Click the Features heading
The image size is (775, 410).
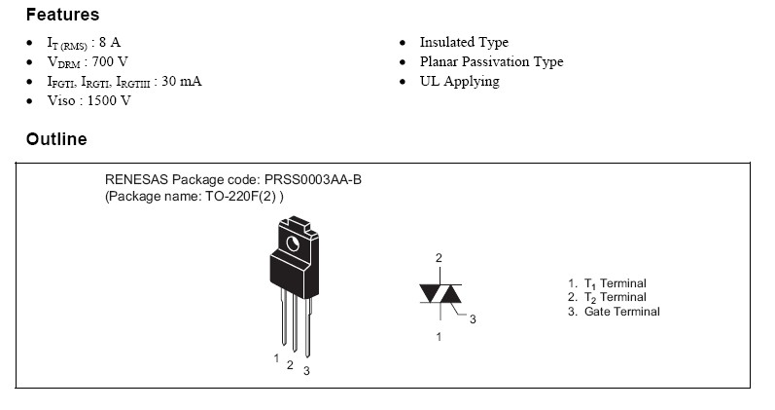(x=62, y=16)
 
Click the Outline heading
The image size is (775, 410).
(x=56, y=139)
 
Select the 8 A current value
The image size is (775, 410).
(x=110, y=43)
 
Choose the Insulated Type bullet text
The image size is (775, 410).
(x=464, y=43)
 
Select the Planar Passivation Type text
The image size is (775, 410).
(x=491, y=62)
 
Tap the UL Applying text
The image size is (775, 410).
(x=459, y=82)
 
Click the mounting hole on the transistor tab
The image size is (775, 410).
(x=292, y=241)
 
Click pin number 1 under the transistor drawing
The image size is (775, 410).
(x=276, y=357)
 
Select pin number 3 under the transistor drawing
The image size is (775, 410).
(x=306, y=371)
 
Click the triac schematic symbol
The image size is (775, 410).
(x=440, y=294)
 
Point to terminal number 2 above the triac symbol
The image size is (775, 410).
(x=439, y=258)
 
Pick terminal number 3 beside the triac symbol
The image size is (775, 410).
(x=473, y=319)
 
